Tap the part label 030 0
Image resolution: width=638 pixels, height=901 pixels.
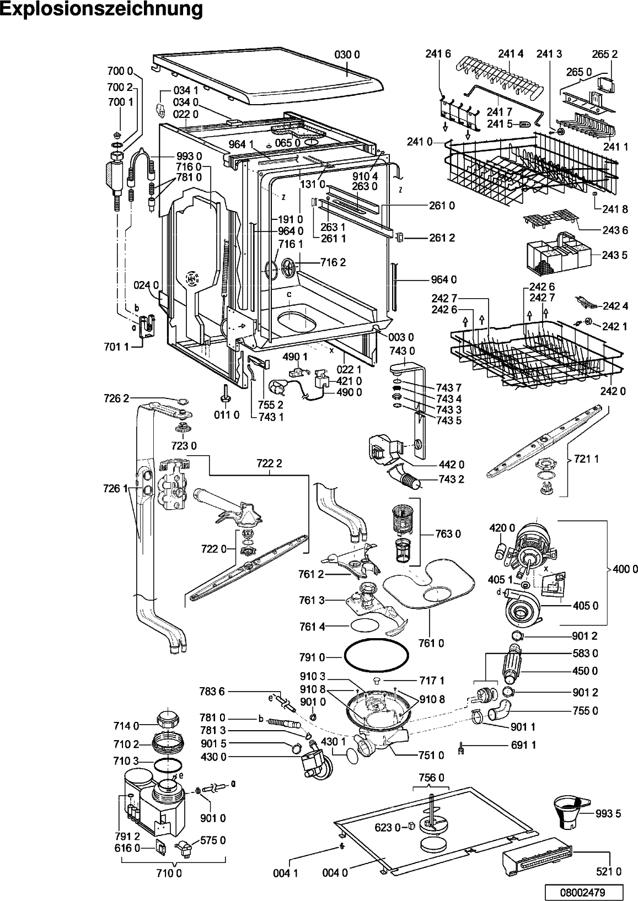click(347, 55)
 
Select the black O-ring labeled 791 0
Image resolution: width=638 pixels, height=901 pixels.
click(377, 657)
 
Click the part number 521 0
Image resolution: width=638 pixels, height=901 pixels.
click(609, 871)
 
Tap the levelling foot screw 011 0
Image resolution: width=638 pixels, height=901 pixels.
click(224, 392)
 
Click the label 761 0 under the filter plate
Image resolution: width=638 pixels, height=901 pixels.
click(431, 643)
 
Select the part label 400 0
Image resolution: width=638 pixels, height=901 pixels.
click(625, 569)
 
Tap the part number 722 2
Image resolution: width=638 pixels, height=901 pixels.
click(269, 464)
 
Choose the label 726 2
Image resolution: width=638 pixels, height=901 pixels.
click(116, 398)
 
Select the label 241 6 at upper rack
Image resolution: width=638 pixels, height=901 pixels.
click(438, 53)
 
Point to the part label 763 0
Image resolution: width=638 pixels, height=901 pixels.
click(448, 534)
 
